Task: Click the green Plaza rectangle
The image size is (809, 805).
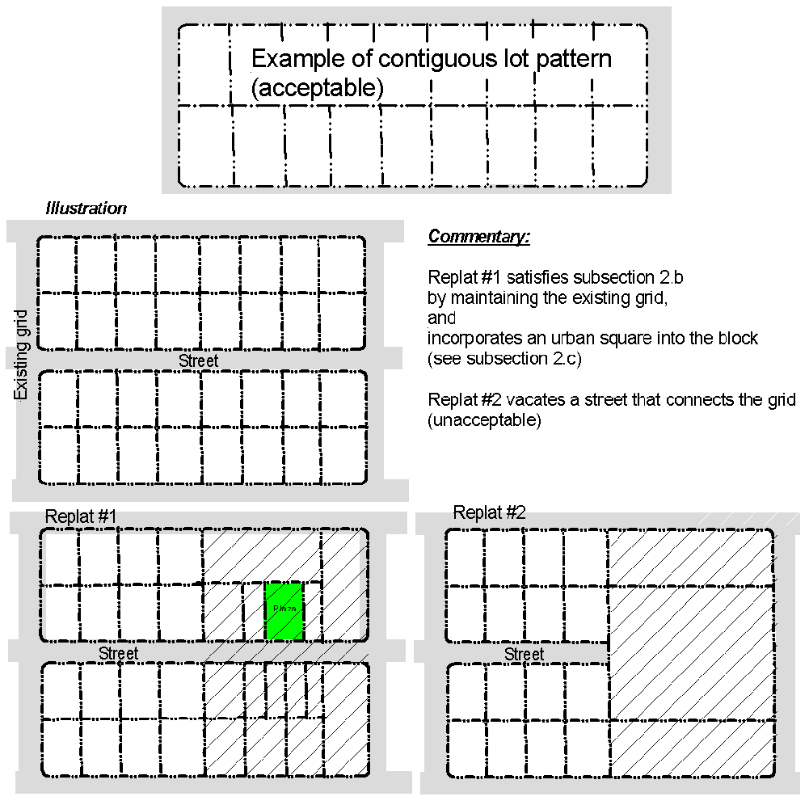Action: [284, 611]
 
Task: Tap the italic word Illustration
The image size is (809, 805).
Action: [86, 209]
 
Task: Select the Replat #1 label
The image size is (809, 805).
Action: [82, 517]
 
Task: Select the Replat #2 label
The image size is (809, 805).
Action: [490, 512]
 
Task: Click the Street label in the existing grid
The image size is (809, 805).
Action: [198, 361]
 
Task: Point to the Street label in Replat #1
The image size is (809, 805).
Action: [118, 653]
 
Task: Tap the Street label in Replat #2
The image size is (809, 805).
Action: [524, 654]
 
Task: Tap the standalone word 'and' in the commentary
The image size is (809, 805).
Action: [441, 318]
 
